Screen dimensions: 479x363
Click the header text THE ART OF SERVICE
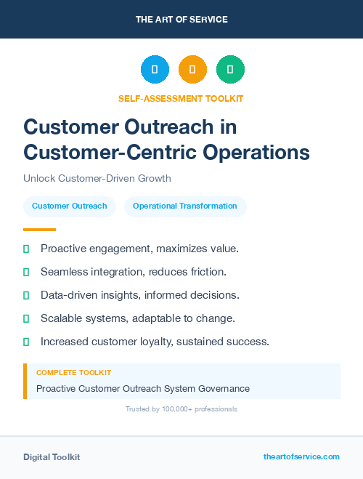click(x=181, y=20)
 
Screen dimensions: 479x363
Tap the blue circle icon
click(x=155, y=70)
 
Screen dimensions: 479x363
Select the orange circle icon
click(x=192, y=70)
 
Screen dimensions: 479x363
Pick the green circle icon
click(x=230, y=70)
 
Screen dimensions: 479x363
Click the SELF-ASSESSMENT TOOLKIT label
click(x=181, y=98)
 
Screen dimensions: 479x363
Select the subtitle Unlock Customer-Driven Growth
click(x=97, y=178)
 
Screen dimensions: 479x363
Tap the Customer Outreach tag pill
click(x=70, y=206)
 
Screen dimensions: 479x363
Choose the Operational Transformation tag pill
click(x=185, y=206)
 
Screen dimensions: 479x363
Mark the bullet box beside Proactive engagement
click(x=26, y=249)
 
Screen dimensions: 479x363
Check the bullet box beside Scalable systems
click(x=26, y=318)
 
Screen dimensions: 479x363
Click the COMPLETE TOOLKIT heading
click(x=73, y=372)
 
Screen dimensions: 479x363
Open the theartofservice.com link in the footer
click(x=301, y=456)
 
